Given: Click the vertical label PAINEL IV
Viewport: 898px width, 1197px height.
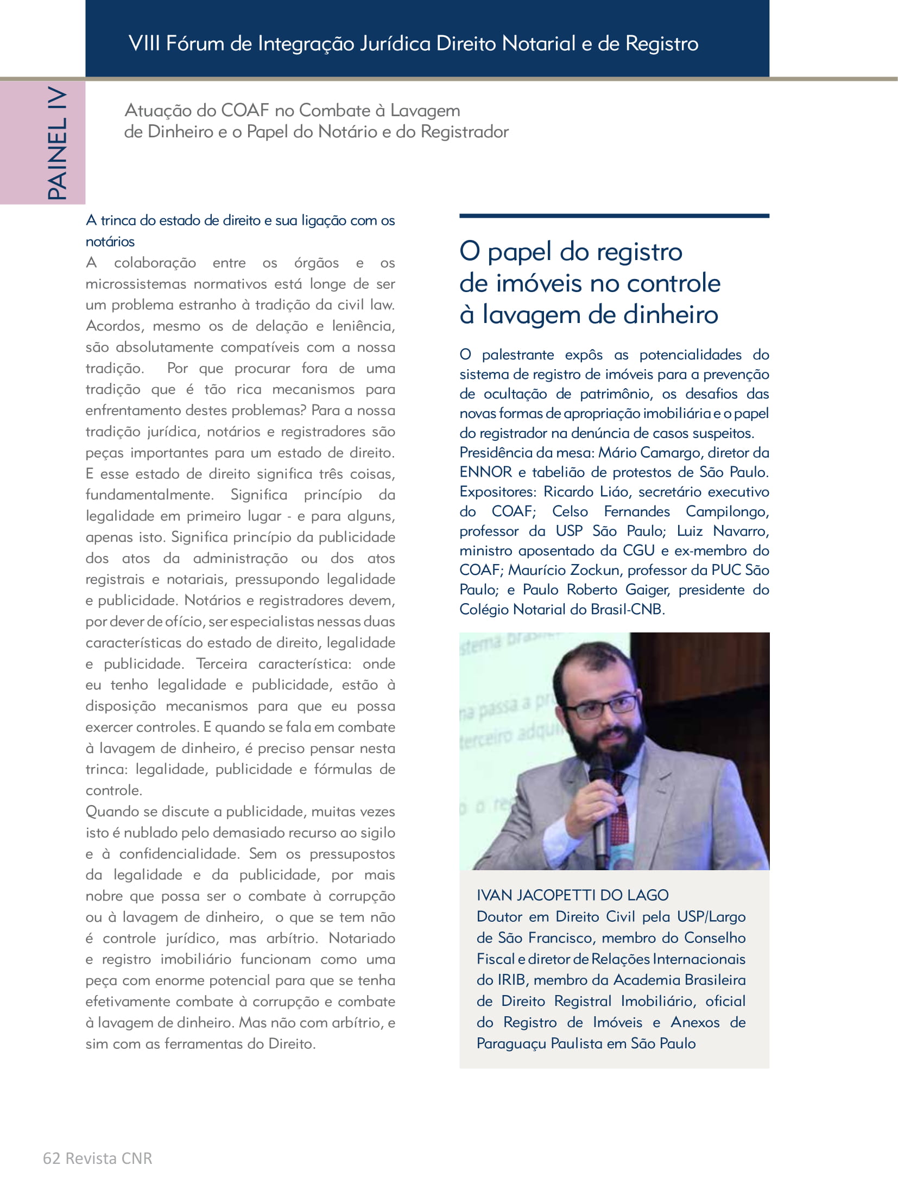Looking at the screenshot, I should click(x=58, y=143).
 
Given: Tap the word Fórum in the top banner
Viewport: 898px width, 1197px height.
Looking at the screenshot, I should click(x=194, y=43).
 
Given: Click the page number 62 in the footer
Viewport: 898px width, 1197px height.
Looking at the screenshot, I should click(x=51, y=1158).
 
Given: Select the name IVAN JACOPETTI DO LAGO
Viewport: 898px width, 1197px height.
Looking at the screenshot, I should click(x=572, y=895).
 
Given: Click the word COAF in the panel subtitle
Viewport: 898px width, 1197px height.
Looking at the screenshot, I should click(x=245, y=110).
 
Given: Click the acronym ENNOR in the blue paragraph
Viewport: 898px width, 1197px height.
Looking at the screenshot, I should click(x=485, y=472).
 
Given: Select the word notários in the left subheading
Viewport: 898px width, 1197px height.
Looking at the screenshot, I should click(x=110, y=242).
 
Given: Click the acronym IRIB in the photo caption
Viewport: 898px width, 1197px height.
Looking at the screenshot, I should click(x=511, y=980).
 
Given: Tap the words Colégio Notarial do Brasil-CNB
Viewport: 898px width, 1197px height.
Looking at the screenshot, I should click(x=562, y=609).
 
